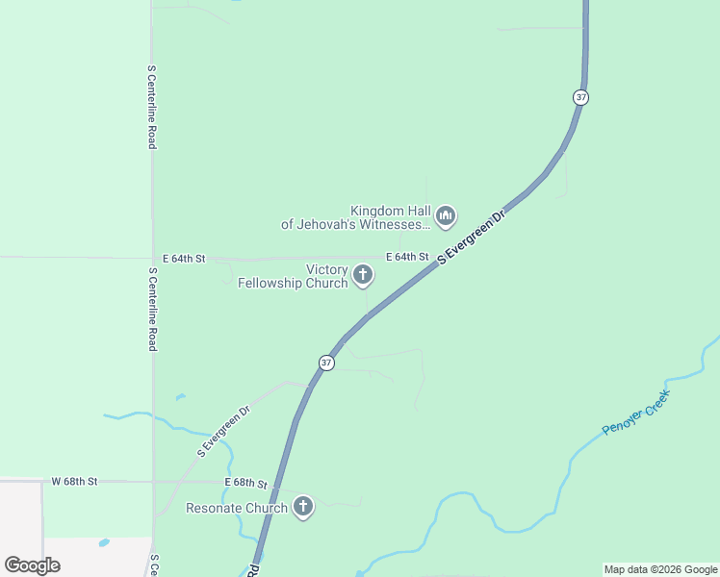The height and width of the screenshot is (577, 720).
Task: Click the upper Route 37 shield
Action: coord(579,97)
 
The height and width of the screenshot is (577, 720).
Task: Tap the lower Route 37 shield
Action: coord(326,363)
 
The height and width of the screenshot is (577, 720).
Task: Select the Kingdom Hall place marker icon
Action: coord(445,216)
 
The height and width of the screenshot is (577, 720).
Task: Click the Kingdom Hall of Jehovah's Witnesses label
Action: coord(356,217)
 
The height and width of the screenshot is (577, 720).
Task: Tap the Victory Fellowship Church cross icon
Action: coord(363,276)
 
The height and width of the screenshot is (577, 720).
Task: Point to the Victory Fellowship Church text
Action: coord(293,277)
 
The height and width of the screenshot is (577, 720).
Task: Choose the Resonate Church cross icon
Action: coord(303,507)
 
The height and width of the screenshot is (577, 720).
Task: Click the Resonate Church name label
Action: coord(237,508)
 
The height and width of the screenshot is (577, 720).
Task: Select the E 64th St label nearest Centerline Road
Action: coord(184,259)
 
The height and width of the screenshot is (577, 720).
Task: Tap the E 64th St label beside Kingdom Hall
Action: coord(407,257)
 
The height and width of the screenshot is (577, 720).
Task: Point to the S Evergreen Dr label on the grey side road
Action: coord(223,430)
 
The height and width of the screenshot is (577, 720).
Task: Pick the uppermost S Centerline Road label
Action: coord(152,107)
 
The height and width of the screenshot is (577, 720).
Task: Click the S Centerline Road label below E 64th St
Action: coord(152,309)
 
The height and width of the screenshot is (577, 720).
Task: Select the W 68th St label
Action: coord(74,481)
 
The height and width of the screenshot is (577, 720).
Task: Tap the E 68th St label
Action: coord(244,482)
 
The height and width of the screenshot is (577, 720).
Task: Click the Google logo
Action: coord(32,564)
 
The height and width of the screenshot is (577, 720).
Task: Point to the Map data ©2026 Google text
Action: coord(660,569)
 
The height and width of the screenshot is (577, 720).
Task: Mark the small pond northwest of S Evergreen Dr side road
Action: coord(180,396)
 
